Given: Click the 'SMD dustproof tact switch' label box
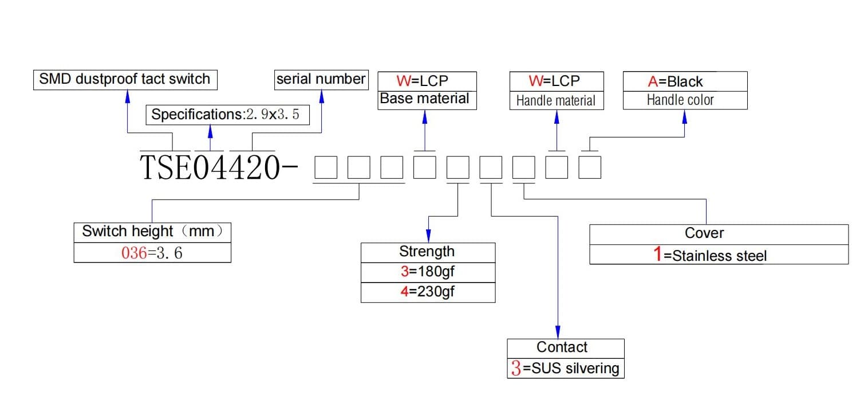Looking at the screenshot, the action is [125, 80].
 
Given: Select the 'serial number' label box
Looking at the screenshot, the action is [321, 80].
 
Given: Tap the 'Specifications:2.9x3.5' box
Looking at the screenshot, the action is [227, 115].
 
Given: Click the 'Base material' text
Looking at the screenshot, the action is [424, 99].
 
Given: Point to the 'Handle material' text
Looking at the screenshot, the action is [556, 101].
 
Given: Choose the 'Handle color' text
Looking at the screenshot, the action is [680, 100].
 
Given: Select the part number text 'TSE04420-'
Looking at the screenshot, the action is [219, 167].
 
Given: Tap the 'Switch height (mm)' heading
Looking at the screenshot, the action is [152, 232].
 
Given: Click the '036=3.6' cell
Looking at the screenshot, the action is [152, 253].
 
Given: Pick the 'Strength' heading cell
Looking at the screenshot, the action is [428, 253].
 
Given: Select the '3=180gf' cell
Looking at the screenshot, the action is [428, 273].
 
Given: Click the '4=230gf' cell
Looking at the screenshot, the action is [428, 292].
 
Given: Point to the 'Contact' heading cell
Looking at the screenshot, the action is [565, 349].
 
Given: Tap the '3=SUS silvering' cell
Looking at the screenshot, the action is [565, 368].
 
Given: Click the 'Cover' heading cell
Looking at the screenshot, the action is [719, 234].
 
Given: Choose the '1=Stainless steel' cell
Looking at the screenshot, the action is [719, 255].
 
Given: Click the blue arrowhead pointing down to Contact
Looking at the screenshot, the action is [558, 332].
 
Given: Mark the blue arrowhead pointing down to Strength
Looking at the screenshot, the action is [428, 236].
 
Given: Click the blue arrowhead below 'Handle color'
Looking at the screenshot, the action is [685, 117].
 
